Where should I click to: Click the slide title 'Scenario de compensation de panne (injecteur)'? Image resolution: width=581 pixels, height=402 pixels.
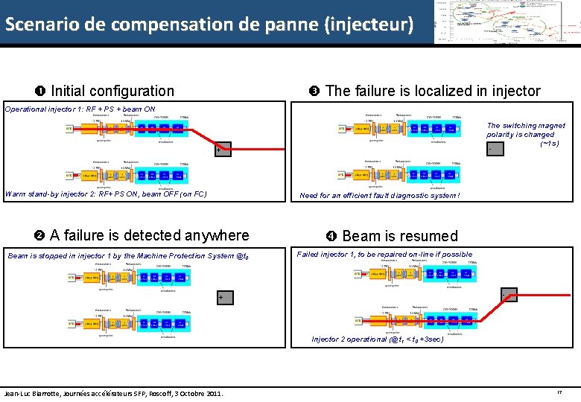209,24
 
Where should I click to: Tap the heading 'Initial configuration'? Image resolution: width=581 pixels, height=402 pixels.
112,91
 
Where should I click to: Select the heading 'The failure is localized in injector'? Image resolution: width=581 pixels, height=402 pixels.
433,91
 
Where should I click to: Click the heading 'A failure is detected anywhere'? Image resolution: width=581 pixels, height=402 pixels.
149,235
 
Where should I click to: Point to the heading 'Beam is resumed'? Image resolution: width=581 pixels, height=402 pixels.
400,236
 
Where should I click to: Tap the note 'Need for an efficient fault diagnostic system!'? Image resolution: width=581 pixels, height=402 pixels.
380,196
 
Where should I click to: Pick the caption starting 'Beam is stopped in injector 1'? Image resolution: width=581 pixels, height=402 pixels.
126,256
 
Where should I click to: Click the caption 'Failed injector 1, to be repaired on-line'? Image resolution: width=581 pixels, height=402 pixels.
384,255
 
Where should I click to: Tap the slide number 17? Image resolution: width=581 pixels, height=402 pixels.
559,392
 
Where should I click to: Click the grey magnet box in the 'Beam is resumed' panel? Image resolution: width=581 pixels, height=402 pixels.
511,296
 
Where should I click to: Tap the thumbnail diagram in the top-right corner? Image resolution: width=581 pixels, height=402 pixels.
507,22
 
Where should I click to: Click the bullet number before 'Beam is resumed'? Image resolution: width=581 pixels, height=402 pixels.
331,236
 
